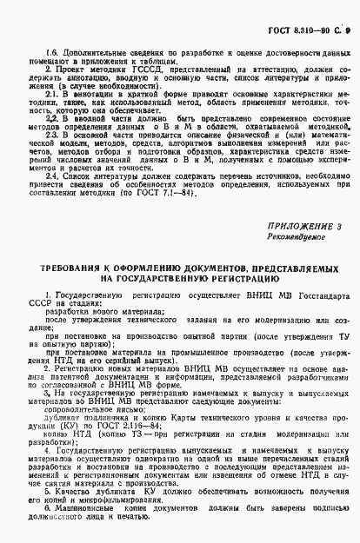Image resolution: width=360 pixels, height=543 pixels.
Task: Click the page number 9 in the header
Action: (x=345, y=13)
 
